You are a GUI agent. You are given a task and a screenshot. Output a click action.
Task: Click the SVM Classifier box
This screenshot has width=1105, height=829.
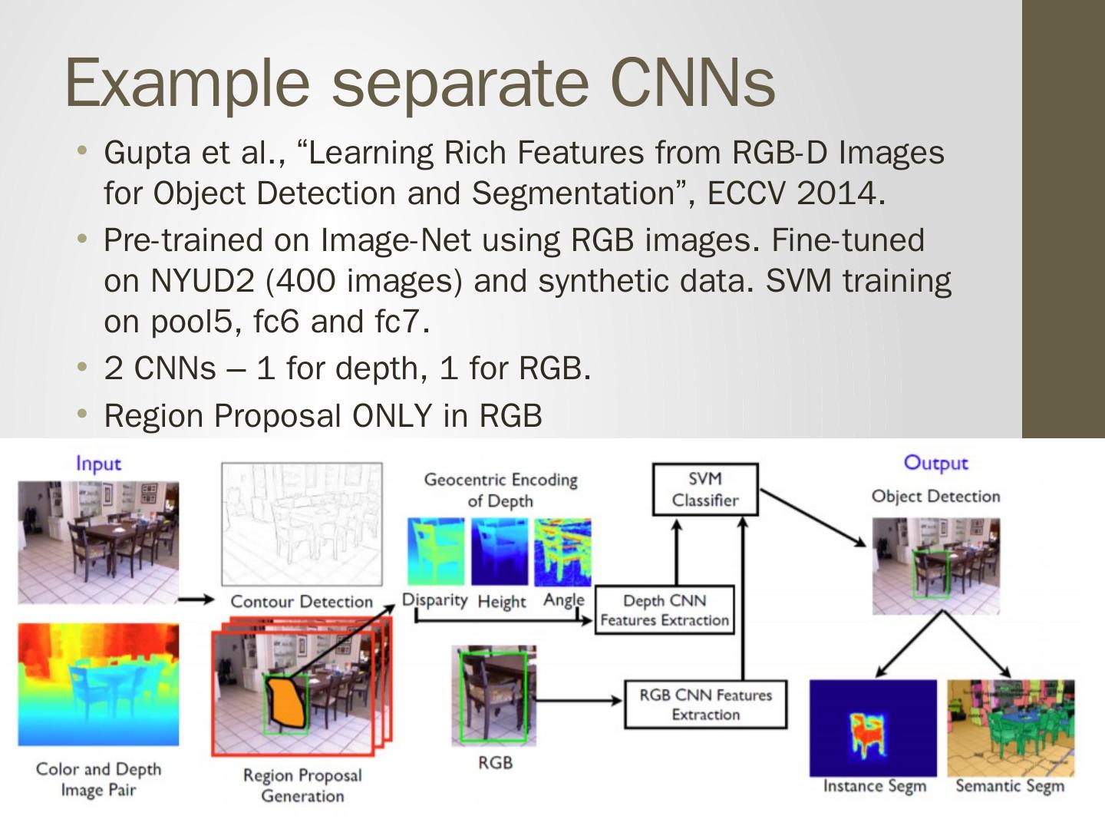(704, 489)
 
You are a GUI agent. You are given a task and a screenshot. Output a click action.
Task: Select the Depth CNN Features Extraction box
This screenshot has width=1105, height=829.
(664, 610)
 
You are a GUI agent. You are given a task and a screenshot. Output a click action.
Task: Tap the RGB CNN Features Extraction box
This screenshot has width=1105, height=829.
(705, 704)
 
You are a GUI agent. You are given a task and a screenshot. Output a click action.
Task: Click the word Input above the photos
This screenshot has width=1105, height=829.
(98, 464)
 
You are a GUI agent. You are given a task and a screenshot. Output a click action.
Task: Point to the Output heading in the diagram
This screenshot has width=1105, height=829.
(935, 462)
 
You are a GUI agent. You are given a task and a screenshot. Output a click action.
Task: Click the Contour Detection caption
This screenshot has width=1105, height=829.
(302, 602)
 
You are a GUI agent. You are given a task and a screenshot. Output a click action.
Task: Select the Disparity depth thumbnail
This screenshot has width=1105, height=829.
(436, 551)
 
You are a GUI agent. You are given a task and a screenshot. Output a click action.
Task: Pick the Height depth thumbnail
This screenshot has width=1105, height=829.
(500, 551)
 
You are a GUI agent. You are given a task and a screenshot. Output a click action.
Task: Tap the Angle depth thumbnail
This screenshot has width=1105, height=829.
(562, 551)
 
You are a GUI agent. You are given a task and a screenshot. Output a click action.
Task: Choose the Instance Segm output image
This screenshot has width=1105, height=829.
(873, 727)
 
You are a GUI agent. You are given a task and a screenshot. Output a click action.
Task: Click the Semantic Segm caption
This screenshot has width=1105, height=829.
(1010, 786)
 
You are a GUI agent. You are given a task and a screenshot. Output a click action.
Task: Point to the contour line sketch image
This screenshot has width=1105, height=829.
(302, 523)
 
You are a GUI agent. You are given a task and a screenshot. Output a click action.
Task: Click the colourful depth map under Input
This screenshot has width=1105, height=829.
(98, 684)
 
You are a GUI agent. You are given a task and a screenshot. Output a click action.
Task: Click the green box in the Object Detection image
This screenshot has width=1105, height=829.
(932, 573)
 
